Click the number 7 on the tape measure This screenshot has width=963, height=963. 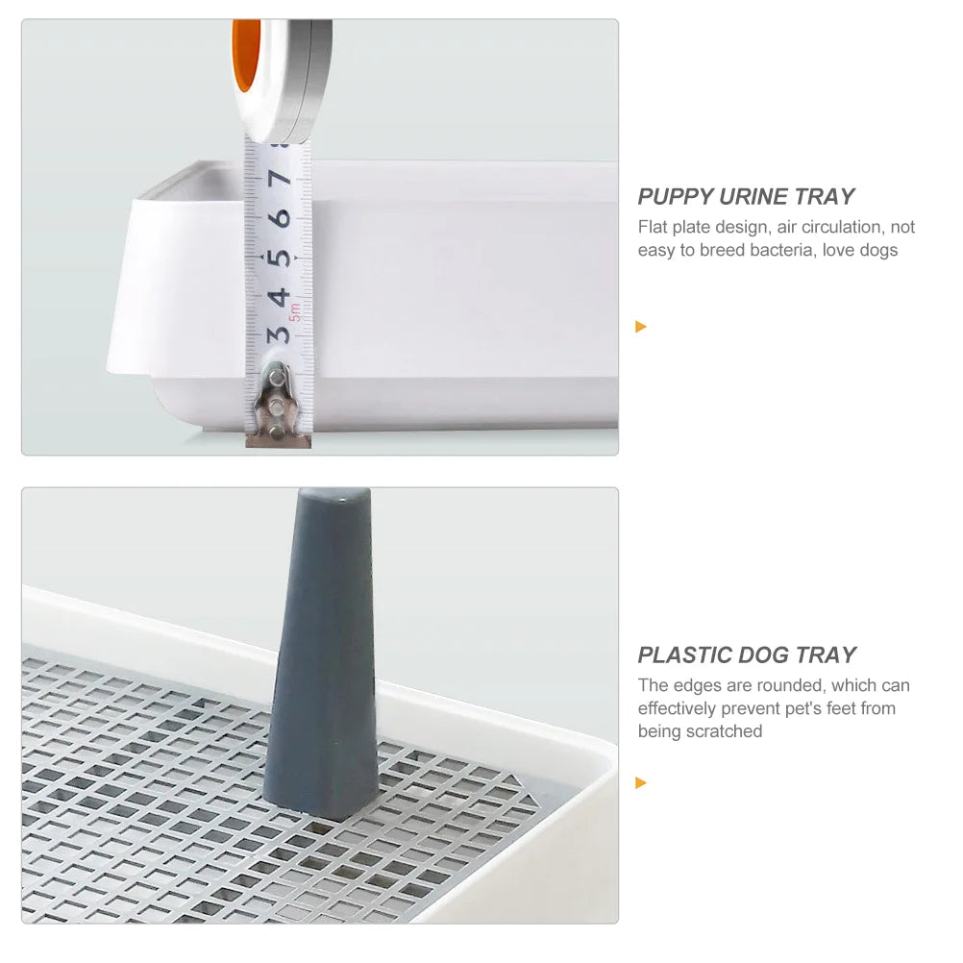tap(281, 179)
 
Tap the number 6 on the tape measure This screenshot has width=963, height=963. tap(281, 218)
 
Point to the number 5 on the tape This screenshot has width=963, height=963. tap(281, 258)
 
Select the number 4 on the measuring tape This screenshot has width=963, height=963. tap(280, 296)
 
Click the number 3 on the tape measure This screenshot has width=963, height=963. tap(279, 334)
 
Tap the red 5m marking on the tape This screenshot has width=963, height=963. tap(296, 311)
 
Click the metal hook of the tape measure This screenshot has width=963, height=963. tap(277, 404)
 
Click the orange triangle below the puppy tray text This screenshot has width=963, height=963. tap(641, 327)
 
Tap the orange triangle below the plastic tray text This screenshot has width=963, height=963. tap(641, 783)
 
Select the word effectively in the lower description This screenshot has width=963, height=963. tap(680, 709)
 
